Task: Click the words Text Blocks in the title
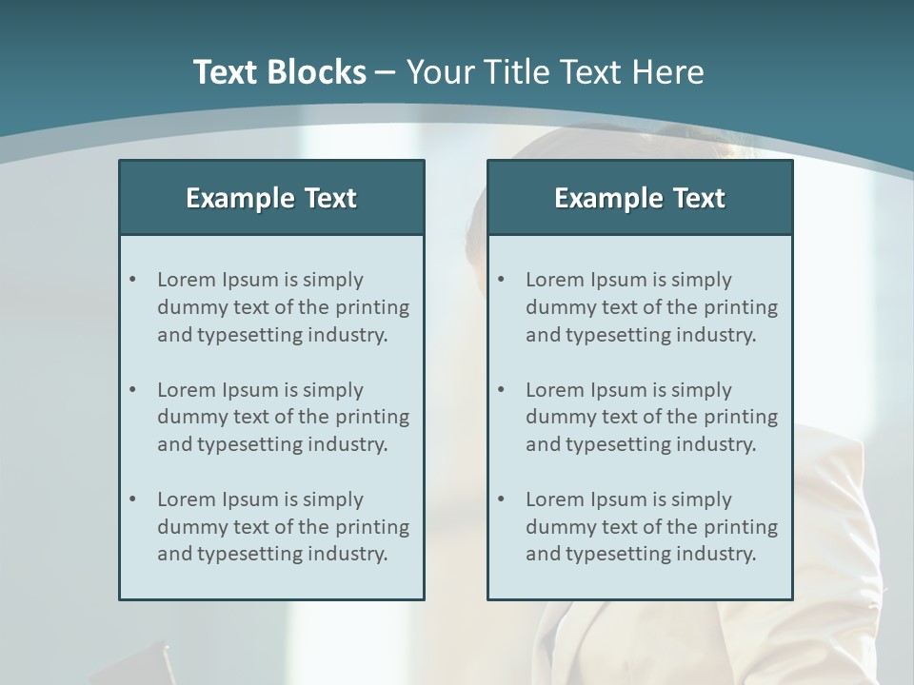click(x=279, y=72)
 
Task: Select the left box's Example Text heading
click(x=271, y=198)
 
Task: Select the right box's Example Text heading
click(x=640, y=198)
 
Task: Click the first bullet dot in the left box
click(x=132, y=280)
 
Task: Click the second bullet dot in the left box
click(x=132, y=390)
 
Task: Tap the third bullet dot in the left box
click(x=132, y=499)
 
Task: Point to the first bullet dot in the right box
click(x=501, y=280)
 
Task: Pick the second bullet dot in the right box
click(x=501, y=390)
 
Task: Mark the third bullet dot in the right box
click(x=501, y=499)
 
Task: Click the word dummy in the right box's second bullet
click(x=556, y=417)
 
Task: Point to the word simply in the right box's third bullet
click(x=701, y=499)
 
